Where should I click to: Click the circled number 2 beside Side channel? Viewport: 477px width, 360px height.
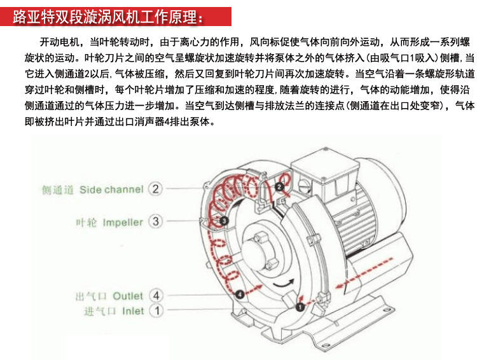pos(155,189)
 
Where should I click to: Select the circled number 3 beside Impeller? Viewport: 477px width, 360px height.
pos(155,222)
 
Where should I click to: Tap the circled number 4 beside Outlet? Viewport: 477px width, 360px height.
pos(155,296)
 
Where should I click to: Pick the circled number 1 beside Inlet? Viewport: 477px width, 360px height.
pos(155,311)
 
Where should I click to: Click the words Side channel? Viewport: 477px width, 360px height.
pos(111,190)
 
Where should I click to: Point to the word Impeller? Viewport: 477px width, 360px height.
pos(123,223)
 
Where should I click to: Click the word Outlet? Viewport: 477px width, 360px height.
pos(128,296)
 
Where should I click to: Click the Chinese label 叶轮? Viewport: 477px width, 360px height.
pos(86,223)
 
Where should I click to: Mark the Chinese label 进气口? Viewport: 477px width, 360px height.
pos(99,312)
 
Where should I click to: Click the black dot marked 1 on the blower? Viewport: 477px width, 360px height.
pos(299,307)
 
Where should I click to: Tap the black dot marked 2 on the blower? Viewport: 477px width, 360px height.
pos(279,186)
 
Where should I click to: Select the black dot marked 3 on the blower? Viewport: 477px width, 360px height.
pos(225,220)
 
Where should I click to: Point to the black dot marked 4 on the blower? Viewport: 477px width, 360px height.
pos(239,294)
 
